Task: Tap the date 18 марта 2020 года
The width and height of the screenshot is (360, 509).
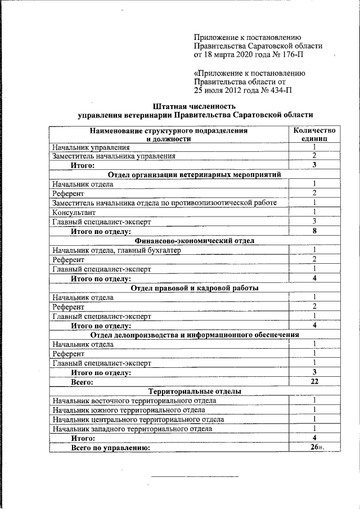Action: click(x=237, y=56)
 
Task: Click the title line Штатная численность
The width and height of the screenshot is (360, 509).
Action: click(x=193, y=106)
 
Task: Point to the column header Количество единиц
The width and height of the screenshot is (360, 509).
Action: click(x=314, y=134)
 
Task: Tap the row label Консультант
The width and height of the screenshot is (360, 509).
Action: click(x=74, y=213)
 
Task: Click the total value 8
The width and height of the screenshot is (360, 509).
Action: click(x=314, y=231)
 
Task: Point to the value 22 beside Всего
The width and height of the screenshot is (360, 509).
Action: click(x=314, y=382)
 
